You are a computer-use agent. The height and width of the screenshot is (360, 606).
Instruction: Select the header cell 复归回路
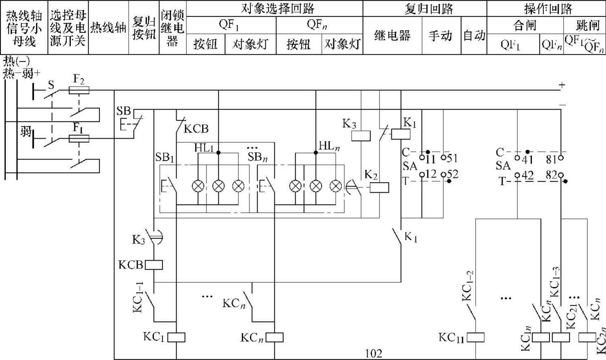coord(428,9)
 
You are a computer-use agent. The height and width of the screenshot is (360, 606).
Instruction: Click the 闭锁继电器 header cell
coord(172,28)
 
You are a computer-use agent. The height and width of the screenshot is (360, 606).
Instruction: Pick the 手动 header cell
coord(440,36)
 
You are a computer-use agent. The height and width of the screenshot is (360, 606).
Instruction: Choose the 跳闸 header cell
coord(588,26)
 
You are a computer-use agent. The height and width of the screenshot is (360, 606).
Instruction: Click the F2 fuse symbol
coord(79,90)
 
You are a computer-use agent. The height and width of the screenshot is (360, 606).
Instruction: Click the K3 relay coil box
coord(361,136)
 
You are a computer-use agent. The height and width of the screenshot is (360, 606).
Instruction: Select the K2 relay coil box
coord(379,188)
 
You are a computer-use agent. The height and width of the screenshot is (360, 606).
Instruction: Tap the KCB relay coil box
coord(154,265)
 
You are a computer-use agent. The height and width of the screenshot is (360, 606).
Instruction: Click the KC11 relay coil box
coord(476,337)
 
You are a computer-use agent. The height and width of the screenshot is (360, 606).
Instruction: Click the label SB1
coord(165,157)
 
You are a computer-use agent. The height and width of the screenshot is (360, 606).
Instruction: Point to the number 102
coord(373,353)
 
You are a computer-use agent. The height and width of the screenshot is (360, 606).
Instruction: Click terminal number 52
coord(452,175)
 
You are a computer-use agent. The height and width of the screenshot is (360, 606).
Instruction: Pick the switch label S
coord(51,85)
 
